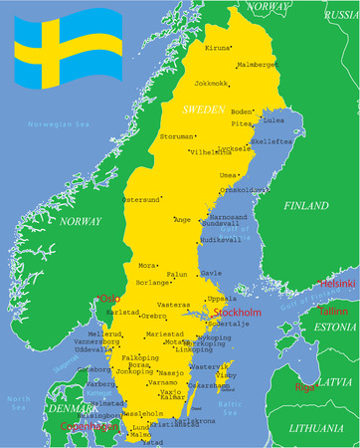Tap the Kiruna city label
tap(216, 48)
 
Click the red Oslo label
tap(109, 298)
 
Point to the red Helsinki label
tap(337, 283)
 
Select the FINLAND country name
tap(305, 206)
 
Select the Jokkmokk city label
tap(211, 83)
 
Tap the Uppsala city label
tap(222, 298)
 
